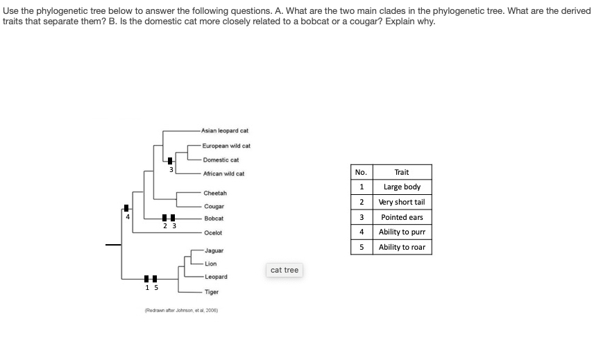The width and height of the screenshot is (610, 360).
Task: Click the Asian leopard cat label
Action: [x=225, y=130]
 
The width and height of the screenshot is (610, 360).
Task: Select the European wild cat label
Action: [x=226, y=146]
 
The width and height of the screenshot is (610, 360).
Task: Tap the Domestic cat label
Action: [x=221, y=160]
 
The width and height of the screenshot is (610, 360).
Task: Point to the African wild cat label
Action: [x=223, y=173]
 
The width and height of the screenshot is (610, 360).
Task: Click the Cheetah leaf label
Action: [x=215, y=193]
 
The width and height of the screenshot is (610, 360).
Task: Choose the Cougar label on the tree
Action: [x=214, y=207]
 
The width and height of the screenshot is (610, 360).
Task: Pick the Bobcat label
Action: [x=213, y=218]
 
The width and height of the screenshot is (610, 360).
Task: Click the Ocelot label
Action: [x=212, y=233]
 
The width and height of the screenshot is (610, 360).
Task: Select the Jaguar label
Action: [x=214, y=250]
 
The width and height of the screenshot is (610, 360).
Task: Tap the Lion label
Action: [x=211, y=264]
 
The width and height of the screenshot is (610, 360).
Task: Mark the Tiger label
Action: [x=212, y=292]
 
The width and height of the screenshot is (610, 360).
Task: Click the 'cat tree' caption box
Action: [x=285, y=270]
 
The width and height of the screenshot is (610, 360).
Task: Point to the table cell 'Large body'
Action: [x=401, y=187]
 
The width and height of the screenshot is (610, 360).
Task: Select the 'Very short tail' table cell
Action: [x=401, y=203]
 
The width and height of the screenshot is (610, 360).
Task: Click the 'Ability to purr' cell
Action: [x=401, y=232]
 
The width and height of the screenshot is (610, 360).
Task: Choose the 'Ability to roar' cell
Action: [x=401, y=248]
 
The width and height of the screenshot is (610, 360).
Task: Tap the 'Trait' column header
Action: [x=401, y=172]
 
